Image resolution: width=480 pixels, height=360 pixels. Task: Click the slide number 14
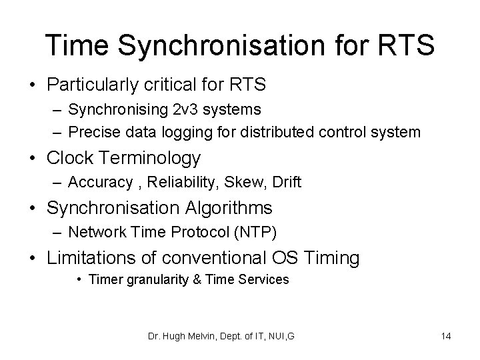pyautogui.click(x=445, y=336)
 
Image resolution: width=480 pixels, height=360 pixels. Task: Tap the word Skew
pyautogui.click(x=248, y=183)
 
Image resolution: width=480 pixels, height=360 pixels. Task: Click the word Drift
pyautogui.click(x=285, y=183)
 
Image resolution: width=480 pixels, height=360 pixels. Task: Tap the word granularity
pyautogui.click(x=156, y=279)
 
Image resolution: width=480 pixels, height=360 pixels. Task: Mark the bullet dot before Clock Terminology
pyautogui.click(x=35, y=158)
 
